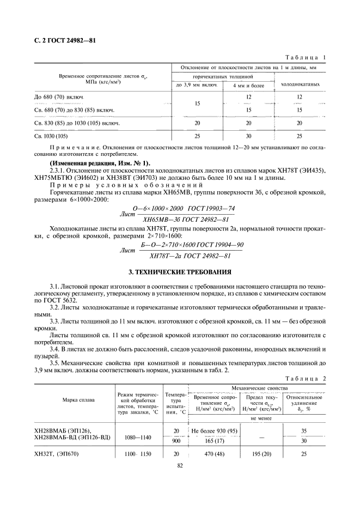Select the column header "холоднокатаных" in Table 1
[x=299, y=84]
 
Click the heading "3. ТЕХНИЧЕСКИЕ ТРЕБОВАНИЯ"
[x=180, y=271]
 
